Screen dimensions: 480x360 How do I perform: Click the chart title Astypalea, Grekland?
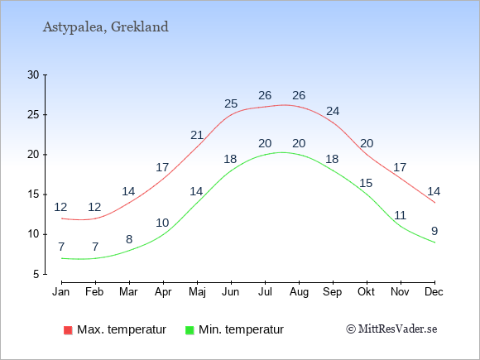(x=106, y=27)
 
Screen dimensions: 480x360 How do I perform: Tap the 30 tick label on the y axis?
(x=33, y=74)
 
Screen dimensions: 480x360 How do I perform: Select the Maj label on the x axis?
(x=197, y=292)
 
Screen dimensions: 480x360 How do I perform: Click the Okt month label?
(x=366, y=291)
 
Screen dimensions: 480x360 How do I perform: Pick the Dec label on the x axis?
(x=434, y=291)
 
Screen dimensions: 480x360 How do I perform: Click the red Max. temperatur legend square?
(x=68, y=330)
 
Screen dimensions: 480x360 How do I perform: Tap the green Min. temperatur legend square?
(x=190, y=330)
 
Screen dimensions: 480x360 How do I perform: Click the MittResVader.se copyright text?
(x=391, y=329)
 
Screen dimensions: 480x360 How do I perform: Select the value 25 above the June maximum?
(x=231, y=103)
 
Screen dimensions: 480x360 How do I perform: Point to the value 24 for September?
(x=333, y=111)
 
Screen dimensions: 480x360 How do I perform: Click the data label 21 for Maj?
(x=197, y=135)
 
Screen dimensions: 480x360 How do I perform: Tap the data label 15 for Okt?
(x=366, y=183)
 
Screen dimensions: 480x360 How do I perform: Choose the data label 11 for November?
(x=400, y=215)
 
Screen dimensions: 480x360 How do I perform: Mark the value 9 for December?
(x=434, y=231)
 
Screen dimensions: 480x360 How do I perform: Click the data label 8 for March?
(x=129, y=239)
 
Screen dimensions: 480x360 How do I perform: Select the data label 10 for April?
(x=162, y=223)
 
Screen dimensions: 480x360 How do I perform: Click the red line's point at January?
(x=62, y=218)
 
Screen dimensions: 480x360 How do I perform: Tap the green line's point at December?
(x=434, y=242)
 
